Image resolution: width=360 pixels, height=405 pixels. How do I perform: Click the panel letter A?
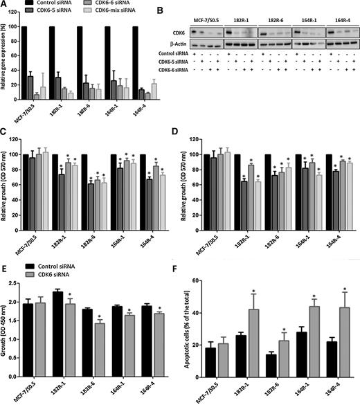click(x=4, y=5)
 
